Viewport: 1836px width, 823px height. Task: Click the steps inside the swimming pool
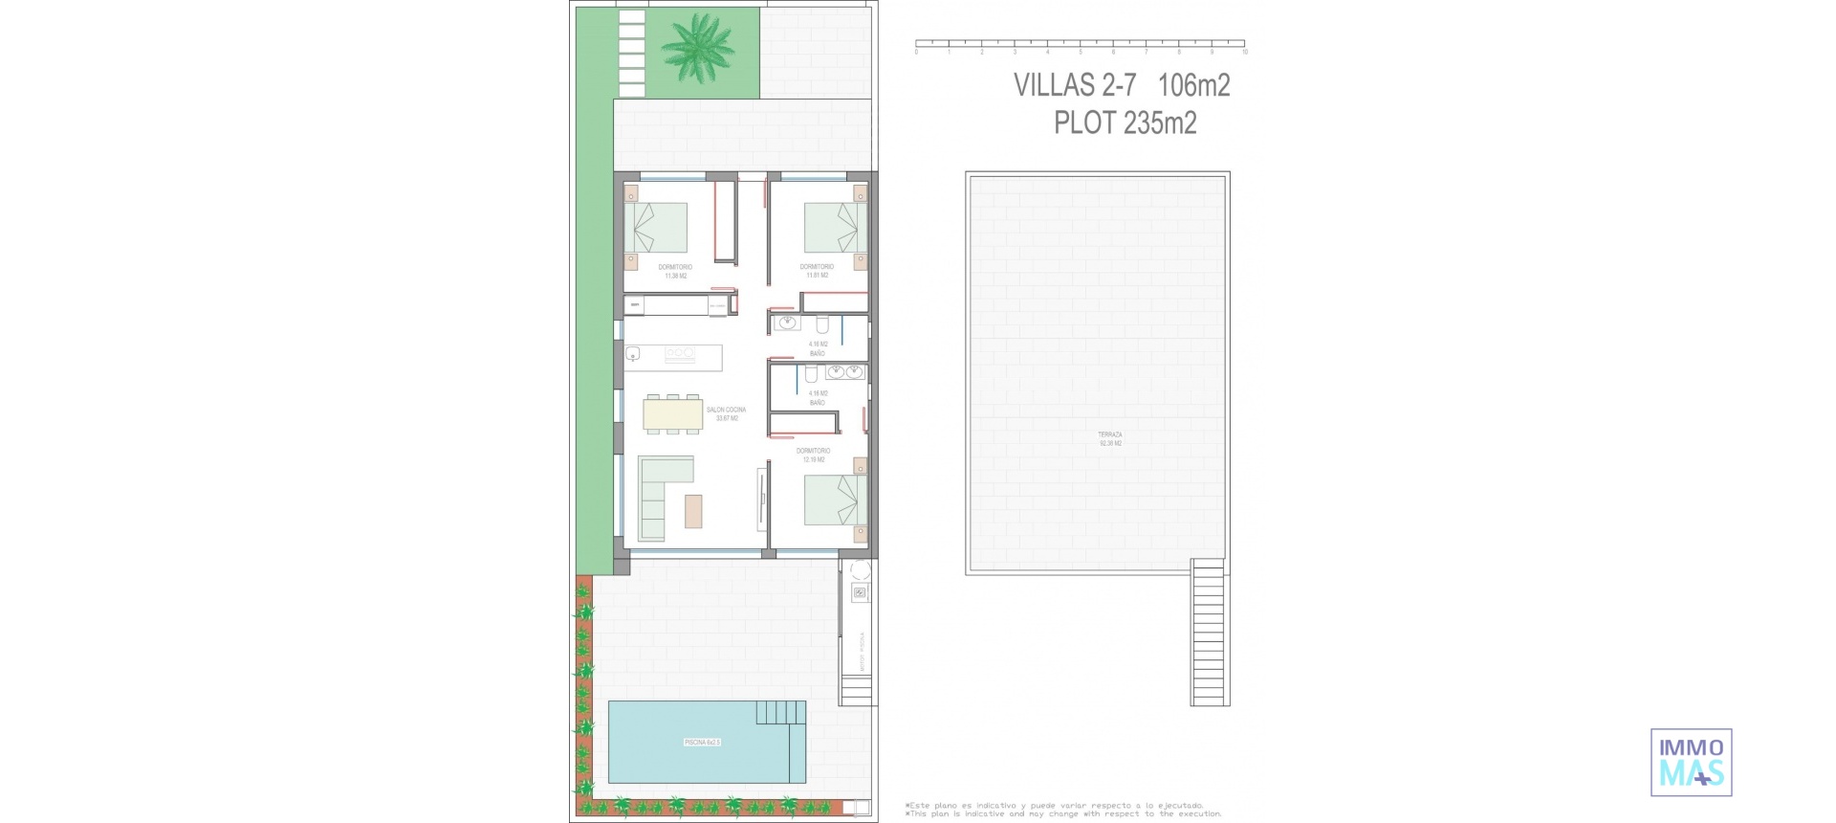click(780, 714)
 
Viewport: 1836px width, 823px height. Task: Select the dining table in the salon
click(673, 413)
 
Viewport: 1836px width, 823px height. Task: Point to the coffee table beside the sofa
click(693, 510)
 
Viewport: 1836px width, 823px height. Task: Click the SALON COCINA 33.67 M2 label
click(726, 413)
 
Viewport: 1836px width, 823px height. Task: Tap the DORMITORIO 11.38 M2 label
click(675, 271)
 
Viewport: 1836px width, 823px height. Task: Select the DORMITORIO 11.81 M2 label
click(817, 271)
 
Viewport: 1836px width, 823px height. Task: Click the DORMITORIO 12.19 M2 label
click(814, 455)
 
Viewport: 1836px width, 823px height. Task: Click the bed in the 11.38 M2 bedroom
click(656, 227)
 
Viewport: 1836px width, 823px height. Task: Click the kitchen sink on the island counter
click(633, 355)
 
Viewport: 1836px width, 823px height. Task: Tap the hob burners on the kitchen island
click(679, 354)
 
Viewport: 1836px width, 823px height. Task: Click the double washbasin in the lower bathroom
click(844, 371)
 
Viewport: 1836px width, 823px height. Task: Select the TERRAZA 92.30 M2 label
click(1110, 438)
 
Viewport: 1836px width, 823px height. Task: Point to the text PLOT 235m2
click(1125, 123)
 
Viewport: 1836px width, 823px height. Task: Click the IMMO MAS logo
click(1691, 762)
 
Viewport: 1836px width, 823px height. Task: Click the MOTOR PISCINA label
click(862, 650)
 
